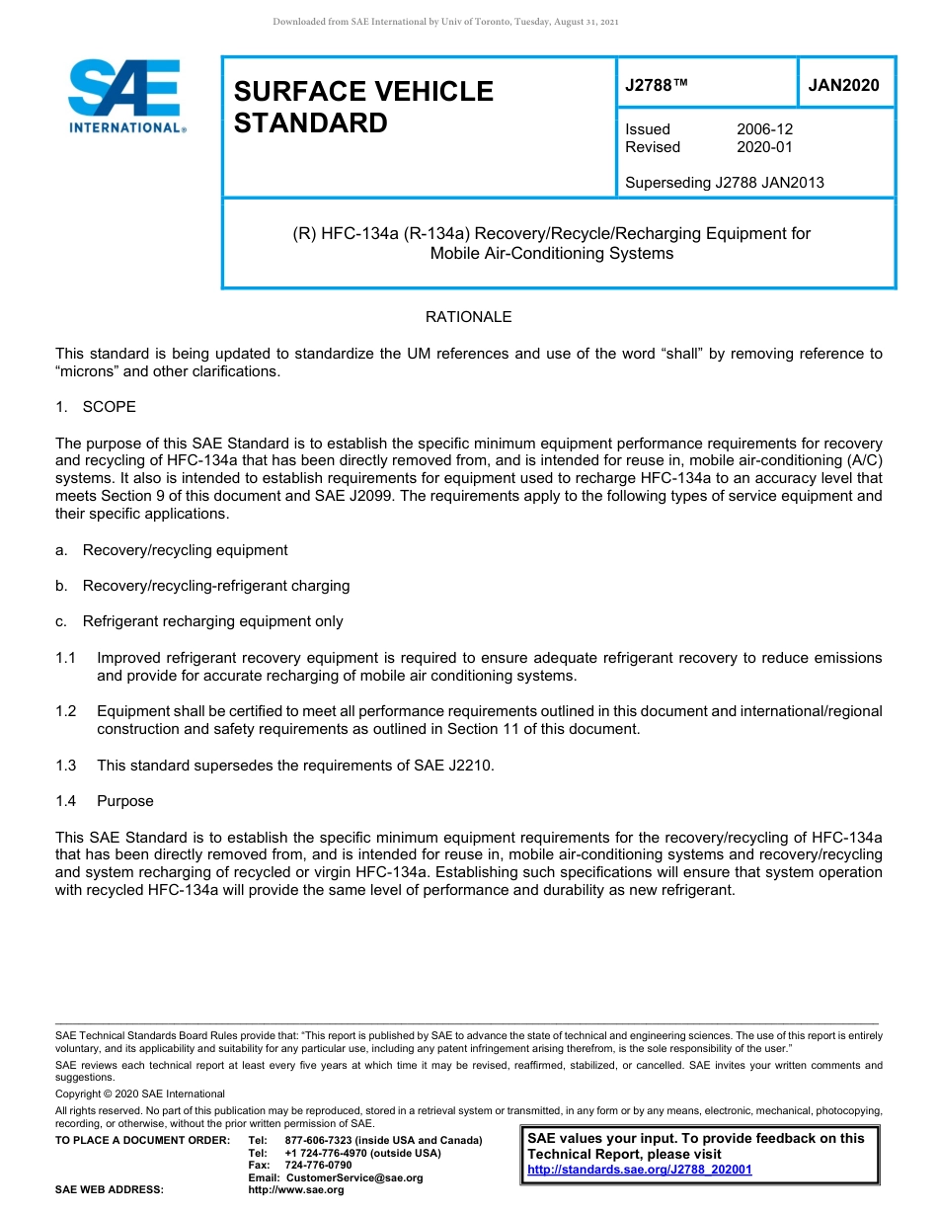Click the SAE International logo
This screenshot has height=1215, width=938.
(126, 96)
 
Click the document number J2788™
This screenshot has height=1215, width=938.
(656, 86)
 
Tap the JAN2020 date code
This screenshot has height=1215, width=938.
(843, 86)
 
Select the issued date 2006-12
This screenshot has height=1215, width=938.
(764, 129)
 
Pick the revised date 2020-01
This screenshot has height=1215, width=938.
(764, 147)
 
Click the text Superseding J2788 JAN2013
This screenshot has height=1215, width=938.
(724, 182)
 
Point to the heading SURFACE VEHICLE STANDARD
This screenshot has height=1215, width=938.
(362, 107)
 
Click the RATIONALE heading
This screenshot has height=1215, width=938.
(468, 317)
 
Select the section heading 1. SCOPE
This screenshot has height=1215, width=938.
(96, 407)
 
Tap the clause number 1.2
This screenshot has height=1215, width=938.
(66, 711)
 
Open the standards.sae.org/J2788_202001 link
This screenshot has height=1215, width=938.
(639, 1170)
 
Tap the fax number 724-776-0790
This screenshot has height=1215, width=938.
(318, 1166)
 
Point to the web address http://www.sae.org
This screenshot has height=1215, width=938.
(296, 1189)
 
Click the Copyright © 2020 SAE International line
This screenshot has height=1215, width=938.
(140, 1093)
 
